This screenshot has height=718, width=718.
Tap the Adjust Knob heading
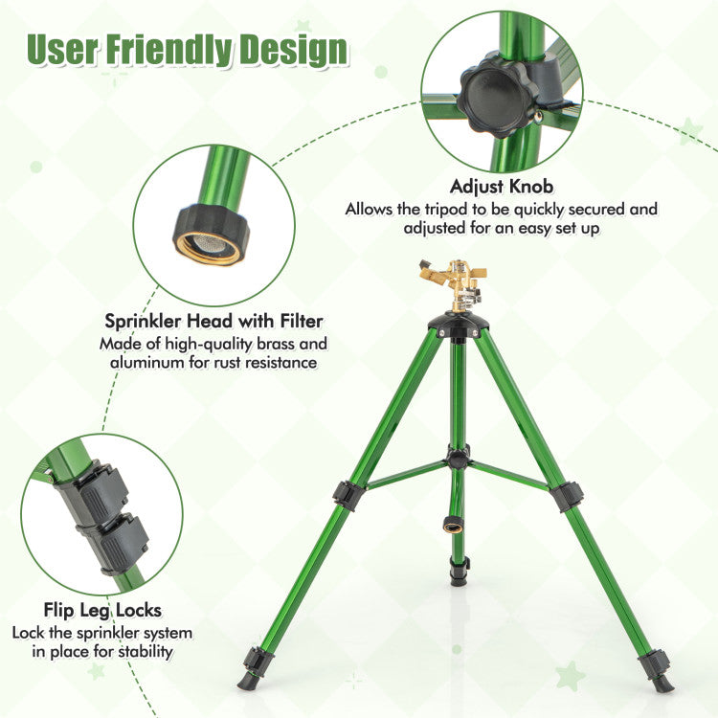pos(502,187)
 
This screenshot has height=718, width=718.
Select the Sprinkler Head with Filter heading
pos(213,321)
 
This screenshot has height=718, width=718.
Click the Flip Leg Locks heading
pos(102,610)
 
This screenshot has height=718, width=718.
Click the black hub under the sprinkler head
pos(459,325)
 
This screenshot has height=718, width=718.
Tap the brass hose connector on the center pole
pos(452,525)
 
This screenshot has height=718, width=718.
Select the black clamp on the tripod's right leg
pos(567,496)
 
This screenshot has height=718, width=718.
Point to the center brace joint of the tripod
pos(458,459)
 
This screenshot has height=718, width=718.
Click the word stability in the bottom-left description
pos(146,652)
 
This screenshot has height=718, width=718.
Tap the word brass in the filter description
pos(275,344)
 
